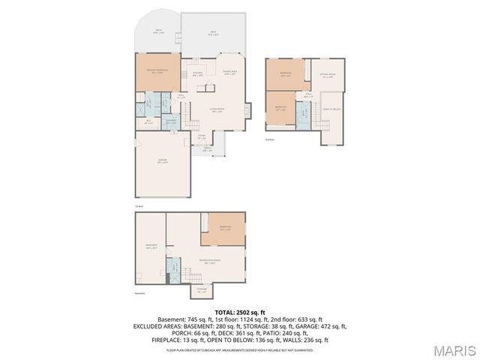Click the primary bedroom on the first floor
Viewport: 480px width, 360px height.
point(157,72)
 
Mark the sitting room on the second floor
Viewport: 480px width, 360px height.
point(327,76)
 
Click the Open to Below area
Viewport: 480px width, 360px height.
point(331,109)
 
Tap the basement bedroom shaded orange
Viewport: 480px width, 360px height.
point(223,229)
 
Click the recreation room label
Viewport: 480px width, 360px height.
point(207,262)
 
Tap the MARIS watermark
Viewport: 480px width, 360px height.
point(454,349)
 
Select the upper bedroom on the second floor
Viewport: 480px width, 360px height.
point(286,73)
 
